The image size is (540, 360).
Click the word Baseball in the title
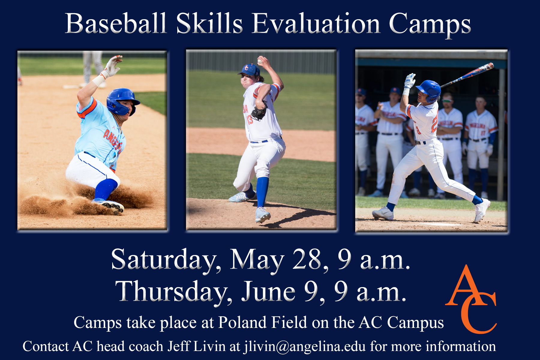pos(116,23)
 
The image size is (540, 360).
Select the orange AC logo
pos(471,299)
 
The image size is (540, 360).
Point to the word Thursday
pos(174,291)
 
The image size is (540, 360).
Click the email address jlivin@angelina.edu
pos(305,346)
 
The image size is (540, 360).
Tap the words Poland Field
pos(262,322)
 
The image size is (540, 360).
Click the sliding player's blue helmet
pos(122,101)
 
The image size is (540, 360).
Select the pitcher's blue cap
pos(249,70)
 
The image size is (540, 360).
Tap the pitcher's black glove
pos(259,111)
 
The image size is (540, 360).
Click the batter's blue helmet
pos(429,90)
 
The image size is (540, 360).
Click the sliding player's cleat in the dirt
pos(110,206)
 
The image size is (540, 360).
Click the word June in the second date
pos(268,291)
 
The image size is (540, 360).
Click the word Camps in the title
pos(430,25)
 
